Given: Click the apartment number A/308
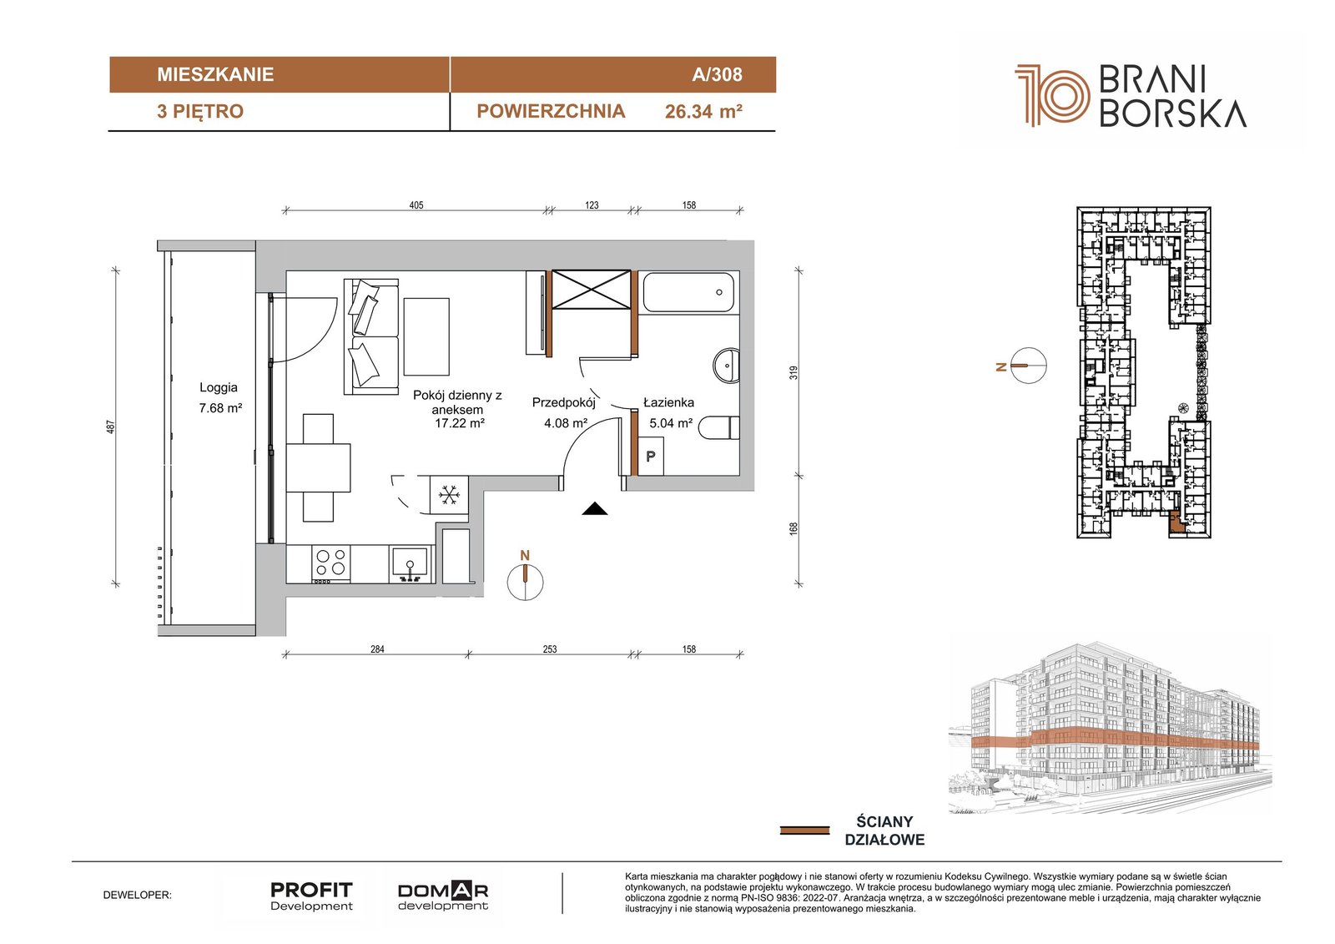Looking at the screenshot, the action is (x=717, y=74).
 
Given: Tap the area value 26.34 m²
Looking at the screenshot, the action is (x=703, y=112).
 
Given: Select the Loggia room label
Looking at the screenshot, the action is (x=218, y=387).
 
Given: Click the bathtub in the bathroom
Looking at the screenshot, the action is (x=688, y=292).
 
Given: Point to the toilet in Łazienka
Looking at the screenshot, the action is (x=718, y=428).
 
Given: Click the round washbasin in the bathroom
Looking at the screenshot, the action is (x=727, y=365).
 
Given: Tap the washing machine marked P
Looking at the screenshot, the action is (x=651, y=457).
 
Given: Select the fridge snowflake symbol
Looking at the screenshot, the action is (x=449, y=495).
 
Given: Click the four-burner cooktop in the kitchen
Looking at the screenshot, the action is (x=330, y=563).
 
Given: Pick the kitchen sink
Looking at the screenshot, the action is (x=410, y=563).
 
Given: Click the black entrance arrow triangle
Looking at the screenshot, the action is (x=594, y=508).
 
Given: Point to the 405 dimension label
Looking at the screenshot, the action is (x=416, y=205).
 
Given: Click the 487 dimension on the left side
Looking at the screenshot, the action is (x=110, y=427).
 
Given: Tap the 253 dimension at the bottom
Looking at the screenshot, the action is (x=550, y=649).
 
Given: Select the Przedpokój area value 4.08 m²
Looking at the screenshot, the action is (x=566, y=423).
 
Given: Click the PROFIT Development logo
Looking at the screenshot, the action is (x=311, y=896).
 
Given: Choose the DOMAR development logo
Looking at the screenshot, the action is (x=443, y=896).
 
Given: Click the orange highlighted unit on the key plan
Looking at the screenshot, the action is (x=1176, y=522).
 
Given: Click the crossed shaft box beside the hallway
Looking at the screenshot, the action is (x=592, y=290).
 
